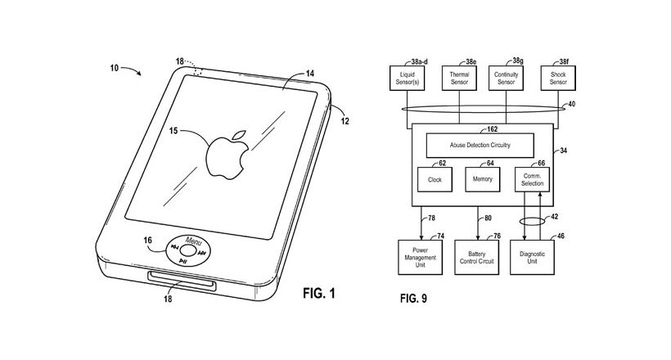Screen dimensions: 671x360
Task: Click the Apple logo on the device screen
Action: coord(227,155)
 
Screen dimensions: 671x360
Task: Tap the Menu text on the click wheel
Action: coord(193,241)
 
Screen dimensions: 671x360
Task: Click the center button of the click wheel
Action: coord(187,251)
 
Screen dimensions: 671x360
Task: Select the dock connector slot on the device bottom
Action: coord(182,281)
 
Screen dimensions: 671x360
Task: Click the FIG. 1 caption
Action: coord(319,293)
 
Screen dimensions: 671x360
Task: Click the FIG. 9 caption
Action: coord(413,299)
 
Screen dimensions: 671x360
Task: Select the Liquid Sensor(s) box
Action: coord(407,78)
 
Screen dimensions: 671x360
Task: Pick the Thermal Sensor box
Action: coord(459,78)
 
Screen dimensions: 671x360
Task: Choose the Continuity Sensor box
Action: coord(507,78)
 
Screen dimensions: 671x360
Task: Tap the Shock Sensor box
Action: coord(558,78)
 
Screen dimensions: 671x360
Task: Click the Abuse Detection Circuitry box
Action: coord(480,145)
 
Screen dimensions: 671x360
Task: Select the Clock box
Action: coord(435,179)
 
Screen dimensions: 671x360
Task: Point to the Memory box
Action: coord(482,179)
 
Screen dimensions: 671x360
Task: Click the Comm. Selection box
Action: coord(532,179)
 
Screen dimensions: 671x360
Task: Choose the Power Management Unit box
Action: coord(421,257)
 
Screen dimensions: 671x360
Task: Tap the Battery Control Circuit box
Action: coord(477,257)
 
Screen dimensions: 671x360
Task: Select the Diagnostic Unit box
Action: coord(532,257)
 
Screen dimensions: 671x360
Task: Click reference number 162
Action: coord(492,128)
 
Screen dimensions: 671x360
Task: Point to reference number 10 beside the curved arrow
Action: coord(115,68)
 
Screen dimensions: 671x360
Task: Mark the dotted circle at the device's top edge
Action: coord(197,70)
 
